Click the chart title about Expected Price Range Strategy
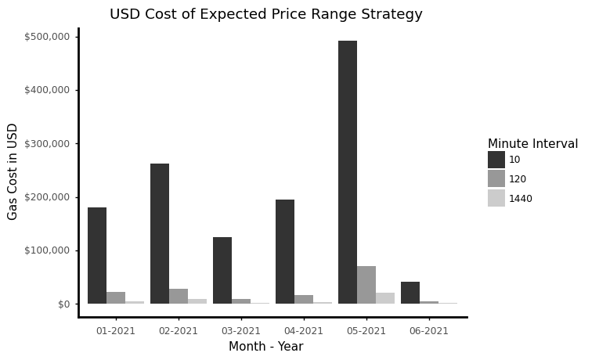tap(265, 14)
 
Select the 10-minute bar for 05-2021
tap(348, 172)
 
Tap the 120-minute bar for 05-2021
tap(366, 285)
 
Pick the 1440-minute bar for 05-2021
tap(385, 298)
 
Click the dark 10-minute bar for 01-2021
tap(97, 255)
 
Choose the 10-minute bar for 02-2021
tap(160, 233)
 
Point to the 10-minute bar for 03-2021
tap(222, 270)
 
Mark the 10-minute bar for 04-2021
tap(285, 251)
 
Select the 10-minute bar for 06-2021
tap(410, 293)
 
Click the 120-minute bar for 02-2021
tap(179, 296)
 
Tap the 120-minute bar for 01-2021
tap(116, 297)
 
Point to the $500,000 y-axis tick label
tap(47, 37)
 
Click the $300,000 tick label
tap(47, 144)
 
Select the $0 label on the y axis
tap(63, 304)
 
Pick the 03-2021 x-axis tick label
tap(241, 331)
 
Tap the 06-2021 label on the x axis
tap(429, 331)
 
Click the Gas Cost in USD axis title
tap(13, 171)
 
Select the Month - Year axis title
tap(265, 347)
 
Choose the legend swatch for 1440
tap(496, 198)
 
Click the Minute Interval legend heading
tap(532, 144)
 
